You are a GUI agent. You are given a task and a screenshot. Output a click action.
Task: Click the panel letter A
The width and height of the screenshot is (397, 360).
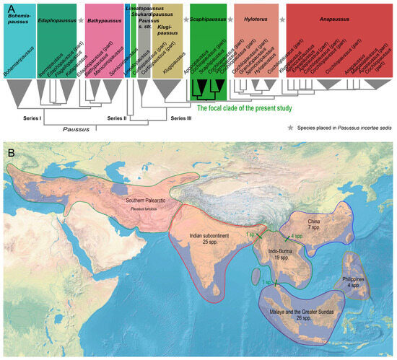point(7,8)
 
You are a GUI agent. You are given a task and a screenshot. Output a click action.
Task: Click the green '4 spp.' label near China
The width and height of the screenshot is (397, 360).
point(296,236)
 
